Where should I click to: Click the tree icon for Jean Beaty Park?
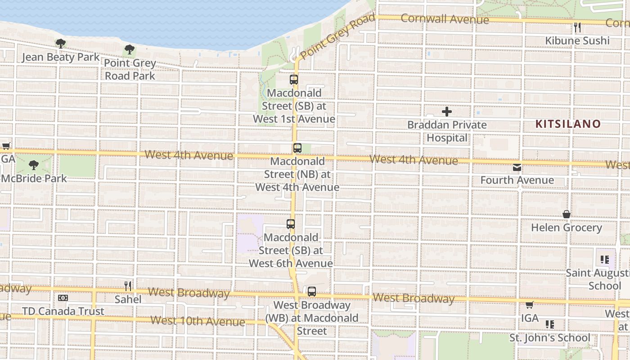tap(61, 44)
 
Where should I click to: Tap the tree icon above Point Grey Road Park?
tap(130, 49)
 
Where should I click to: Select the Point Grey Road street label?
tap(337, 36)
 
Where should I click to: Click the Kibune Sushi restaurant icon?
tap(577, 27)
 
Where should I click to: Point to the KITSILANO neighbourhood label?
tap(568, 124)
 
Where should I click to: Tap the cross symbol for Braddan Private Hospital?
tap(447, 112)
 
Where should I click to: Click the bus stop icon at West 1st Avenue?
tap(294, 80)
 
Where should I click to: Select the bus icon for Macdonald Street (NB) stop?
tap(297, 148)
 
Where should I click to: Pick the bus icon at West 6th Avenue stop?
tap(291, 224)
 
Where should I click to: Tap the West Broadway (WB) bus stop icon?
tap(312, 292)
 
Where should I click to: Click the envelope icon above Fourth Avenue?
tap(517, 167)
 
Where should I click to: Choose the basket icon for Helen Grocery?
tap(567, 214)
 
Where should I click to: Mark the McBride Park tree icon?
tap(33, 165)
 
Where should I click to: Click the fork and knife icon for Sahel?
tap(128, 286)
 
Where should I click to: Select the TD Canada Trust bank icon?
tap(63, 298)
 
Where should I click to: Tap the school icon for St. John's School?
tap(549, 324)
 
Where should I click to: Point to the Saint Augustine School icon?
tap(605, 260)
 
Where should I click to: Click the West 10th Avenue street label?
tap(198, 321)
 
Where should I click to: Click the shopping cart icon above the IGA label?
tap(530, 305)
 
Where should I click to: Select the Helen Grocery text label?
tap(566, 228)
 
